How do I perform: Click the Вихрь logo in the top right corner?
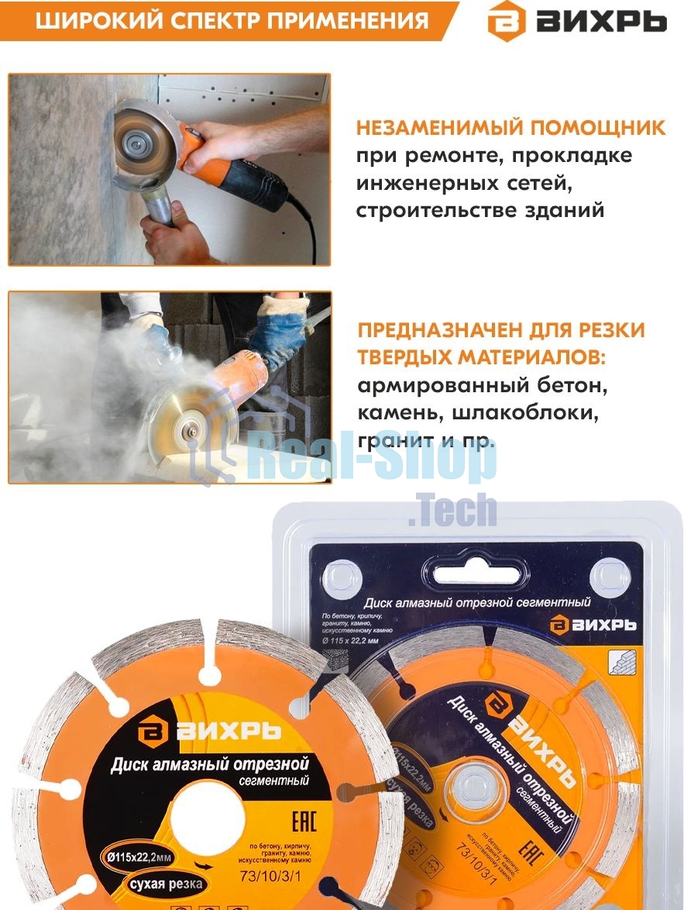tap(576, 22)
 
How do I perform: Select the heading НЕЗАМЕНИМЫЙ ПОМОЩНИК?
tap(510, 128)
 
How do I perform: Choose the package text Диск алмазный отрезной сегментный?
tap(479, 602)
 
